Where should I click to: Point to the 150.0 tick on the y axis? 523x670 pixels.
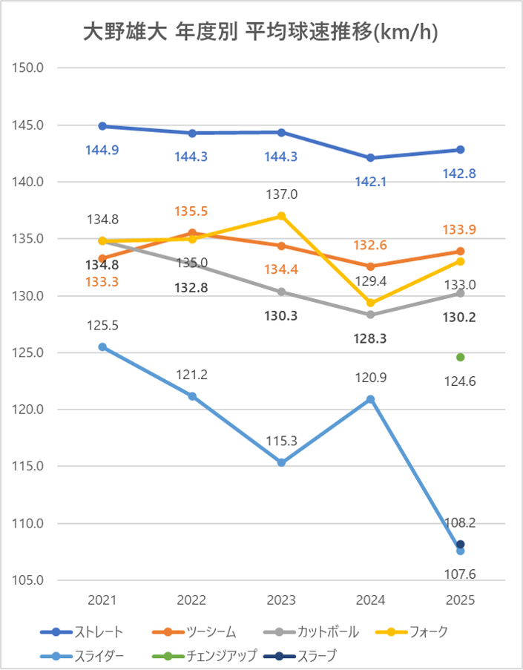coord(30,68)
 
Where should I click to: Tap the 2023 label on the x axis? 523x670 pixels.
coord(281,600)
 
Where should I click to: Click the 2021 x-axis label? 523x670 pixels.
coord(102,600)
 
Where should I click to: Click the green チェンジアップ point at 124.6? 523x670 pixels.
coord(460,357)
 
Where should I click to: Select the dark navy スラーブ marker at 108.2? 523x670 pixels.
coord(460,544)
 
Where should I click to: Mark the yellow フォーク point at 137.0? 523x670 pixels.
coord(281,216)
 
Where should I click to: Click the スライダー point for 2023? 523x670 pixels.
coord(281,463)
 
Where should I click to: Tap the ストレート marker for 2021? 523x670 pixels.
coord(102,126)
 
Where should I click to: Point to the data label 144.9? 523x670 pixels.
coord(102,150)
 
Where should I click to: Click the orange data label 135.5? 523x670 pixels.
coord(191,211)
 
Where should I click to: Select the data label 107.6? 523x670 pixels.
coord(460,573)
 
